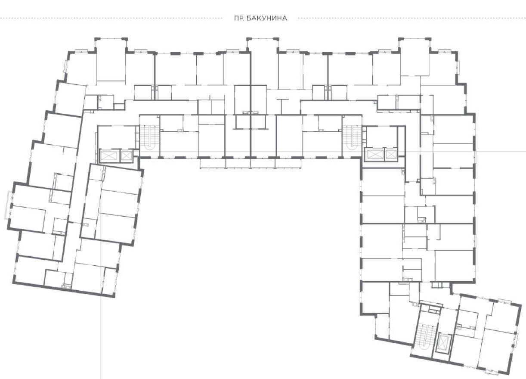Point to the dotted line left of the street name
tap(111, 18)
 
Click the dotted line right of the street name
tap(412, 18)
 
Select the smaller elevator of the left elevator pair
tap(126, 155)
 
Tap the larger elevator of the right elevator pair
tap(375, 155)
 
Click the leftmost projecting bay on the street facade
tap(111, 59)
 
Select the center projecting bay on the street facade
tap(263, 63)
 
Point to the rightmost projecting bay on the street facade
tap(415, 56)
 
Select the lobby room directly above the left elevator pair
tap(117, 137)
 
